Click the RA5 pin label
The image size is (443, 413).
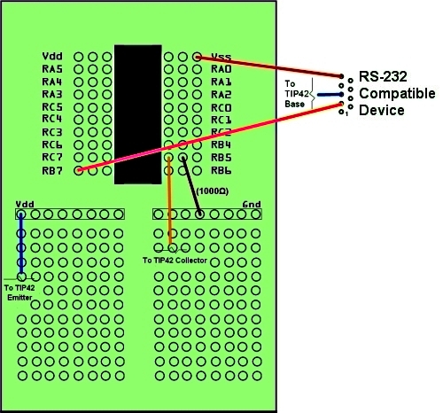pyautogui.click(x=52, y=69)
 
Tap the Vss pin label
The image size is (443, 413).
pyautogui.click(x=221, y=56)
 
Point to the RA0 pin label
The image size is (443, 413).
pyautogui.click(x=221, y=69)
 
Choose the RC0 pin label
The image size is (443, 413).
pyautogui.click(x=221, y=107)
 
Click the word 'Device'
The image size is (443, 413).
pyautogui.click(x=382, y=111)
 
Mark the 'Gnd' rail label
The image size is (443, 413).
pyautogui.click(x=252, y=204)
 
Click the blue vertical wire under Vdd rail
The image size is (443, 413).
pyautogui.click(x=21, y=242)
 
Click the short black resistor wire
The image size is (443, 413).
pyautogui.click(x=191, y=186)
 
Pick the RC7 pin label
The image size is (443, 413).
pyautogui.click(x=52, y=157)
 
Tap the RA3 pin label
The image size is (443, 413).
pyautogui.click(x=52, y=94)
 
